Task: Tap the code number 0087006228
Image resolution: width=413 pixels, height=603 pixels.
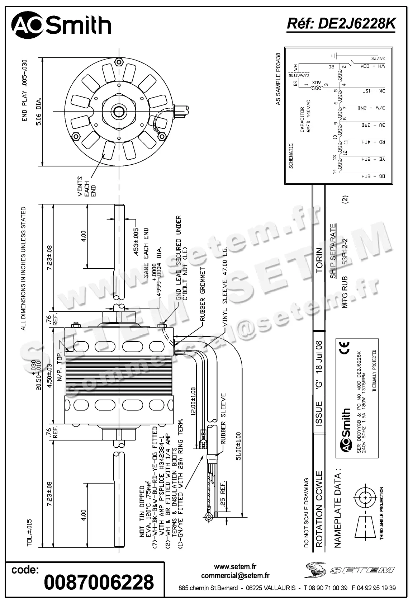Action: pyautogui.click(x=99, y=582)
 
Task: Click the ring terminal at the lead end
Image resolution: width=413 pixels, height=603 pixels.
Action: pyautogui.click(x=208, y=517)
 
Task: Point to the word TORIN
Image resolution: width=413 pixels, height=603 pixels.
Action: pyautogui.click(x=319, y=261)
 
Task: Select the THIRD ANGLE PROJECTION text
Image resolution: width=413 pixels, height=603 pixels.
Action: pyautogui.click(x=381, y=513)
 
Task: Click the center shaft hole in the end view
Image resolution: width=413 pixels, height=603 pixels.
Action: pyautogui.click(x=118, y=112)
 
